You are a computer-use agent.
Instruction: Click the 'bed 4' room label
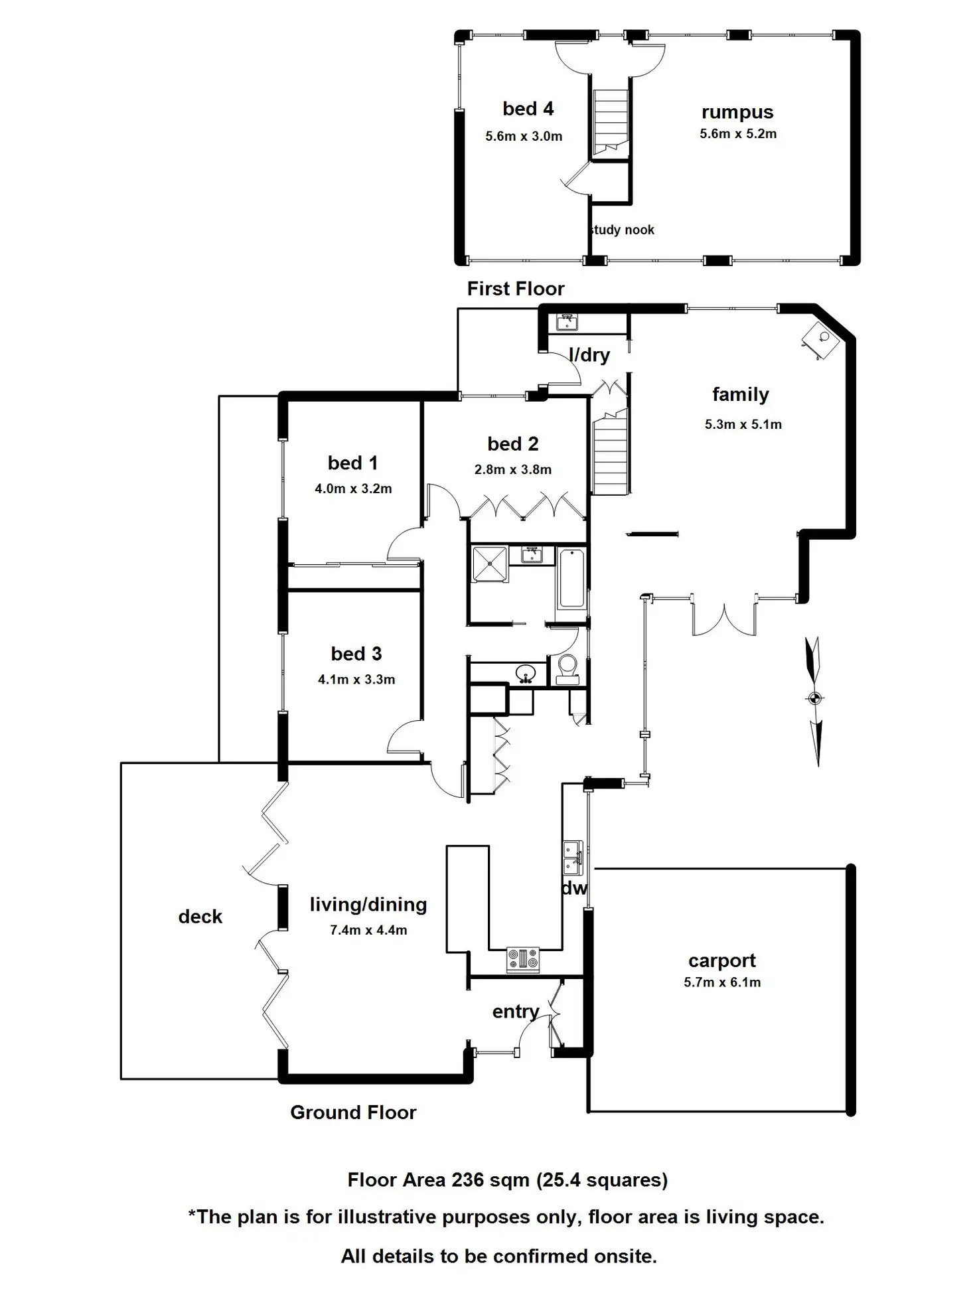pyautogui.click(x=528, y=108)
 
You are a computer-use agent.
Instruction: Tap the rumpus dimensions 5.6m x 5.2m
pyautogui.click(x=737, y=133)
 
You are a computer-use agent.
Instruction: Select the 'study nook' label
pyautogui.click(x=622, y=230)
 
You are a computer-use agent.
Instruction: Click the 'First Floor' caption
pyautogui.click(x=515, y=289)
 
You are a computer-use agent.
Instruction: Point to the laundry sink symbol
pyautogui.click(x=567, y=322)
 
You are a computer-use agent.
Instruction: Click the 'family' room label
pyautogui.click(x=740, y=394)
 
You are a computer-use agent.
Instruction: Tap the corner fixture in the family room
pyautogui.click(x=822, y=340)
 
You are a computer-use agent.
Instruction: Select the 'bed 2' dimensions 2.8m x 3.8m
pyautogui.click(x=512, y=469)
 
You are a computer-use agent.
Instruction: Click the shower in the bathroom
pyautogui.click(x=489, y=564)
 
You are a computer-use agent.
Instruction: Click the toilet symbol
pyautogui.click(x=567, y=668)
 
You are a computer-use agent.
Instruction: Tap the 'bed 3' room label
pyautogui.click(x=356, y=654)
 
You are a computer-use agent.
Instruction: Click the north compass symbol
pyautogui.click(x=815, y=698)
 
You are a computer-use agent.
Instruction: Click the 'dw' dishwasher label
pyautogui.click(x=574, y=888)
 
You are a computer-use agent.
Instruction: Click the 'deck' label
pyautogui.click(x=200, y=917)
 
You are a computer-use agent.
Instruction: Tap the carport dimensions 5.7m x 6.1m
pyautogui.click(x=722, y=982)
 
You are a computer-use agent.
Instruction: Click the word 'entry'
pyautogui.click(x=515, y=1012)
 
